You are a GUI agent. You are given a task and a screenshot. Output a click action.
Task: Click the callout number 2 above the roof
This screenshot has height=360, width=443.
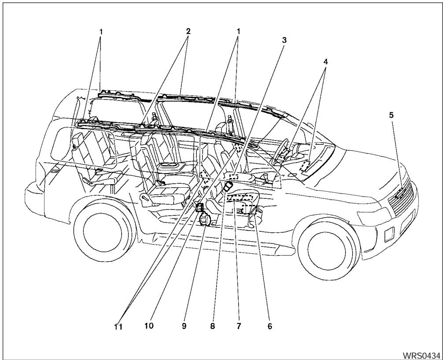[188, 32]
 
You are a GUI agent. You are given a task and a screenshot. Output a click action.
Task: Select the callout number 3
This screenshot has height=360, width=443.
[284, 40]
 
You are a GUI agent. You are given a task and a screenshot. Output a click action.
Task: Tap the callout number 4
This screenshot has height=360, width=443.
[325, 62]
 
